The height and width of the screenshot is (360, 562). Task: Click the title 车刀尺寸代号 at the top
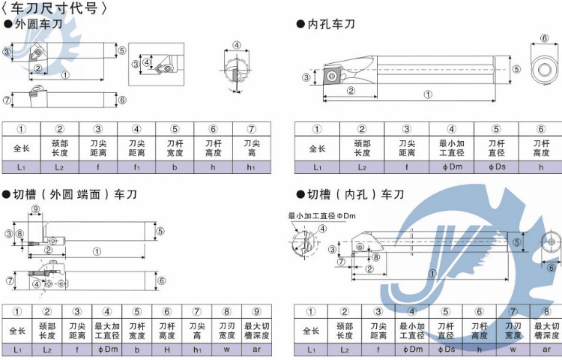click(60, 9)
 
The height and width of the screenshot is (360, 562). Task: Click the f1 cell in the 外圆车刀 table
click(136, 167)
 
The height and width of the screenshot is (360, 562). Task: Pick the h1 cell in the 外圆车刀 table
click(252, 167)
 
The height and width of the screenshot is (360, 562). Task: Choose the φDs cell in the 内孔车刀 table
click(496, 167)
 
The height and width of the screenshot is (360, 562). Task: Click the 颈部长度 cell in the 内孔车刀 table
click(362, 147)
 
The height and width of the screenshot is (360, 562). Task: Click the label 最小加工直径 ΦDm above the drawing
click(321, 216)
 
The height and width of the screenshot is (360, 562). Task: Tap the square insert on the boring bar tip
click(332, 75)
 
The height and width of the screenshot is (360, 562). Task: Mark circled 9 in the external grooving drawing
click(35, 208)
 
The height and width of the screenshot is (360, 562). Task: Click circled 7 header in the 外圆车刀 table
click(252, 129)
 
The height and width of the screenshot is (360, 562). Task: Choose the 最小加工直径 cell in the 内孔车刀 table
click(451, 147)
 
